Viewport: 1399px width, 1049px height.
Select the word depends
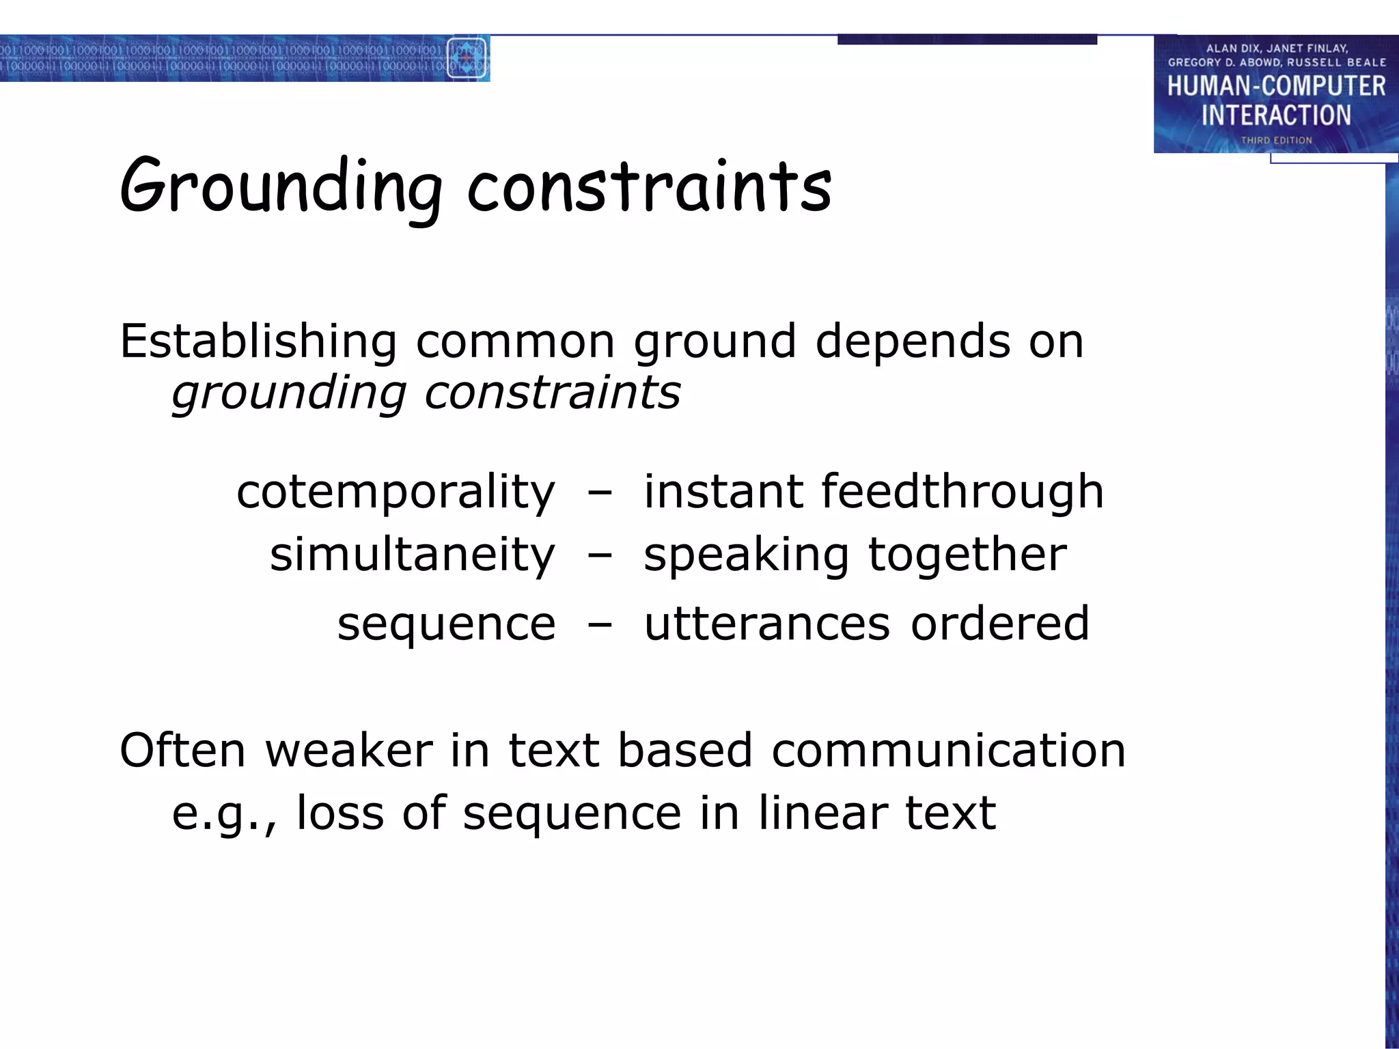[x=913, y=341]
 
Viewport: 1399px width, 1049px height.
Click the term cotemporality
[x=396, y=492]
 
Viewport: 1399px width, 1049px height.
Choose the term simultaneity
[x=412, y=555]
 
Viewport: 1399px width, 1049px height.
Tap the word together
[x=967, y=555]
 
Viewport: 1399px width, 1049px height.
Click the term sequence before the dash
[x=447, y=624]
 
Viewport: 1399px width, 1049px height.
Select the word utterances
[x=767, y=624]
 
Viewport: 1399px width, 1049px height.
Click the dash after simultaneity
[x=599, y=556]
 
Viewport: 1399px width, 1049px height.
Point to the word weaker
[x=349, y=751]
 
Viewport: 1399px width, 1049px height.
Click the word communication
[x=948, y=751]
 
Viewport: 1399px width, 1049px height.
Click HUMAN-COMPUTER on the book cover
[x=1276, y=86]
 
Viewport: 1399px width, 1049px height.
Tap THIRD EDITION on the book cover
[x=1276, y=140]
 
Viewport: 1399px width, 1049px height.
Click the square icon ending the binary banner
[x=467, y=59]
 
